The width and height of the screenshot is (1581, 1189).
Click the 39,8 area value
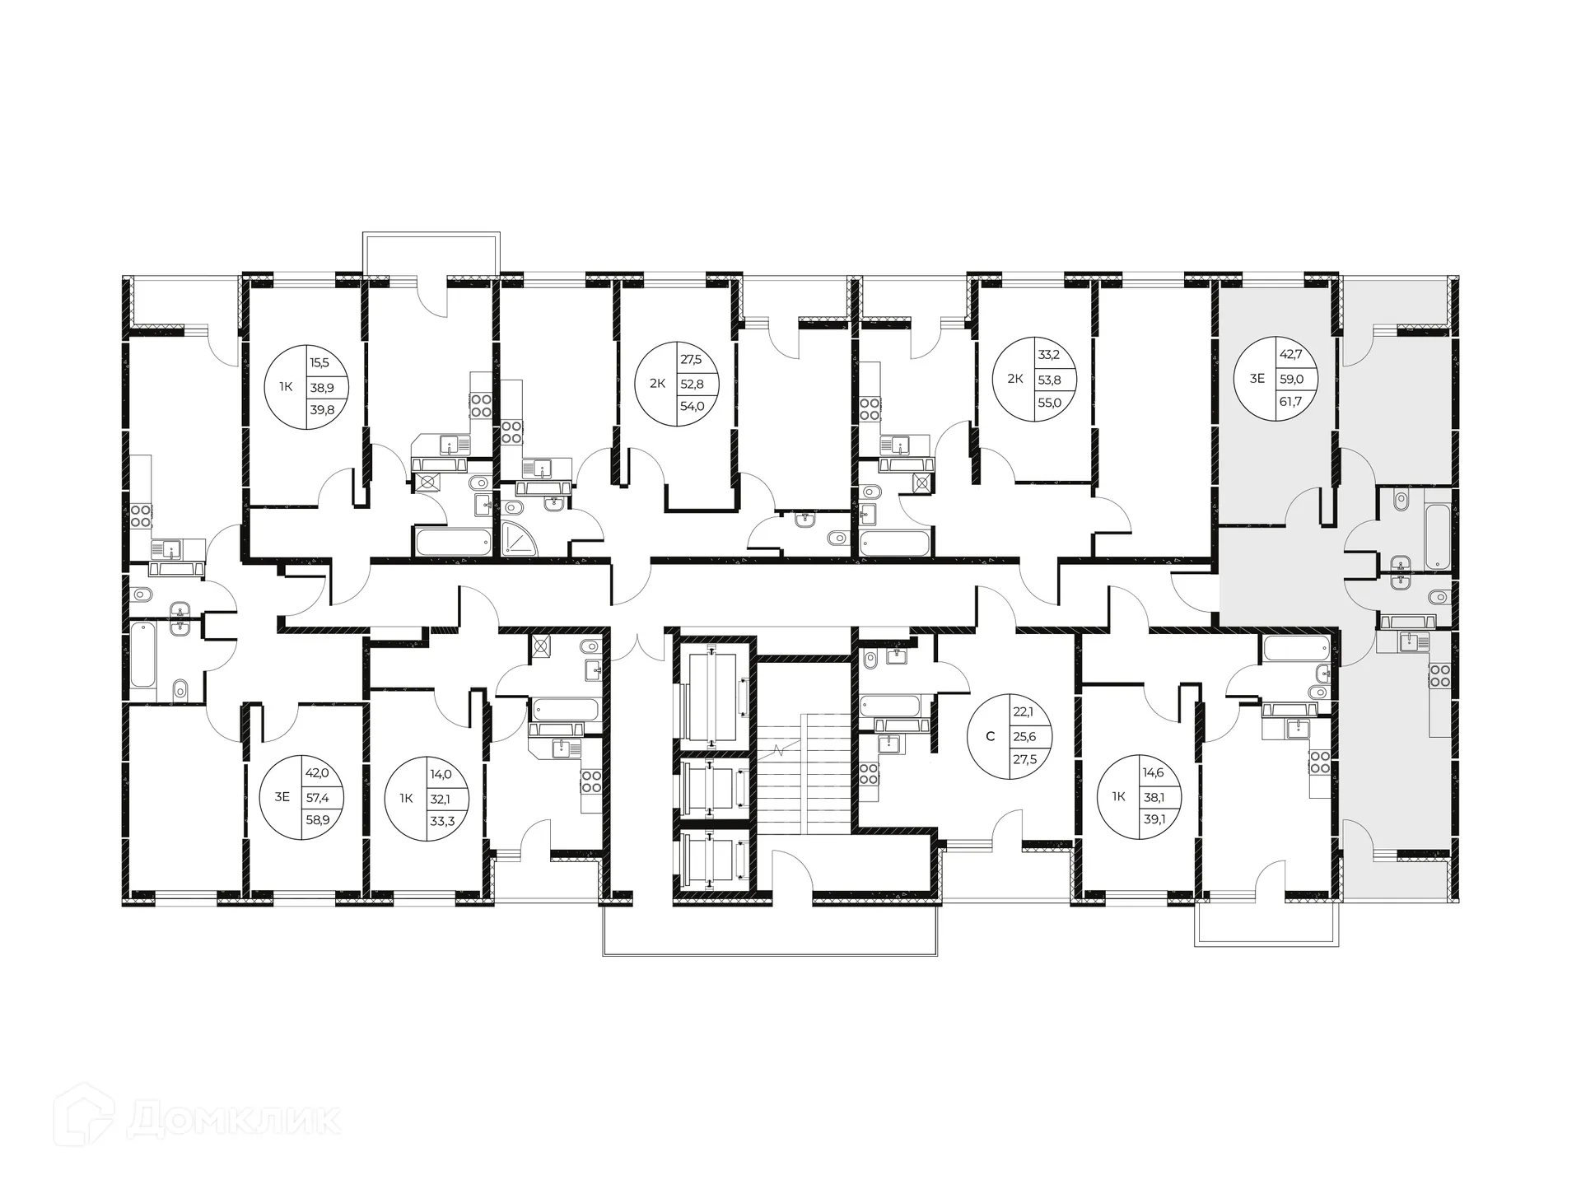(322, 409)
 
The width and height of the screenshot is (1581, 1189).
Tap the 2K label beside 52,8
(657, 383)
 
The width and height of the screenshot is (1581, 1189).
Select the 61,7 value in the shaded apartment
(1290, 402)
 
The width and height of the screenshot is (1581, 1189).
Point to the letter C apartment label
(990, 736)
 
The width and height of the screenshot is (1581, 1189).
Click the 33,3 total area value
(442, 820)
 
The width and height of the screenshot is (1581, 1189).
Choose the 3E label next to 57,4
(282, 796)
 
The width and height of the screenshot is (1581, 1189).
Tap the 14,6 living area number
(1153, 773)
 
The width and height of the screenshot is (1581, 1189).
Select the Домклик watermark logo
(198, 1120)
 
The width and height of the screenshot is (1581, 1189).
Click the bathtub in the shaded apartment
(1437, 536)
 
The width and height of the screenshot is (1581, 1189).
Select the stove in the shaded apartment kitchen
(1439, 676)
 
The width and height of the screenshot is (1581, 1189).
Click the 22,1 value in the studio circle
(1024, 714)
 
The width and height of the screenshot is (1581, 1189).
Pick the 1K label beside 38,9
(285, 385)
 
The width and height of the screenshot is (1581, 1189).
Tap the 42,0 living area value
(317, 773)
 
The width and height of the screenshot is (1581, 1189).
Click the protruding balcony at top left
(431, 252)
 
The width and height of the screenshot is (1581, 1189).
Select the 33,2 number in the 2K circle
(1049, 356)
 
